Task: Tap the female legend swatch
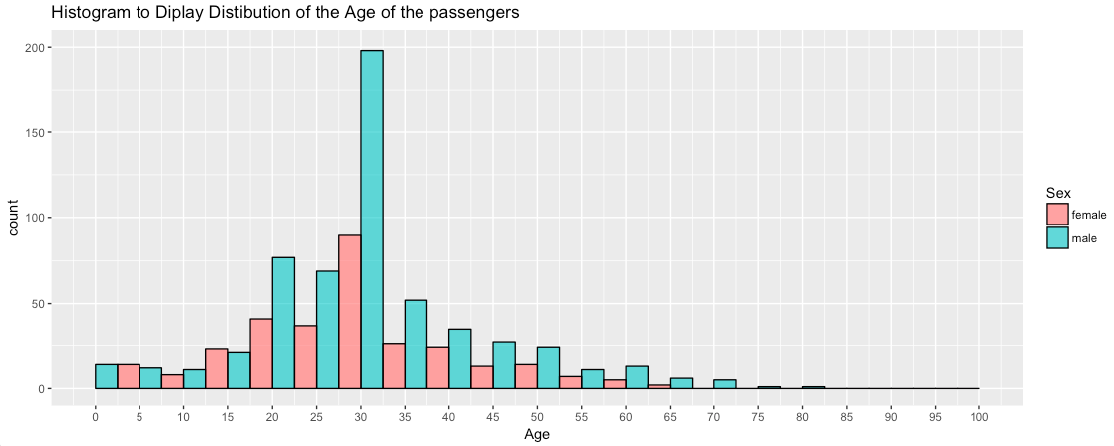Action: click(1056, 215)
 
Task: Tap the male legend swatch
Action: click(1056, 237)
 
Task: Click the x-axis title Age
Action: click(536, 434)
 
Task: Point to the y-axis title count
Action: click(14, 218)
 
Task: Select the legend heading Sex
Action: click(1058, 192)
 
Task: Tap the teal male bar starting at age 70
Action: click(725, 384)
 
